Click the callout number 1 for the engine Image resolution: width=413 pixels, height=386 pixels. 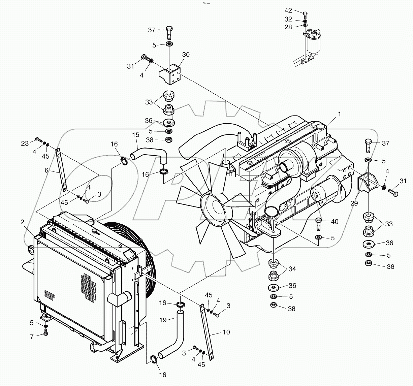[340, 114]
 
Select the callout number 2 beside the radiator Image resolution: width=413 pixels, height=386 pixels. [22, 222]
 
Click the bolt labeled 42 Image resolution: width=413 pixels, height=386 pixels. [305, 14]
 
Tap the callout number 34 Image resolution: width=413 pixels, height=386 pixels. [292, 269]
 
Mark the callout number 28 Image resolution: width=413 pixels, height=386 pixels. [288, 27]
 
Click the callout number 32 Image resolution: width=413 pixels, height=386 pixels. [288, 19]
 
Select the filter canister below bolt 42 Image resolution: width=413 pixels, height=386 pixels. [314, 42]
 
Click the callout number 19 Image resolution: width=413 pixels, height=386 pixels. [163, 320]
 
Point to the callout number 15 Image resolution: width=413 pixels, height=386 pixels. [135, 135]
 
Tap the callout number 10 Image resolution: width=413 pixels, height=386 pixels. [226, 332]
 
